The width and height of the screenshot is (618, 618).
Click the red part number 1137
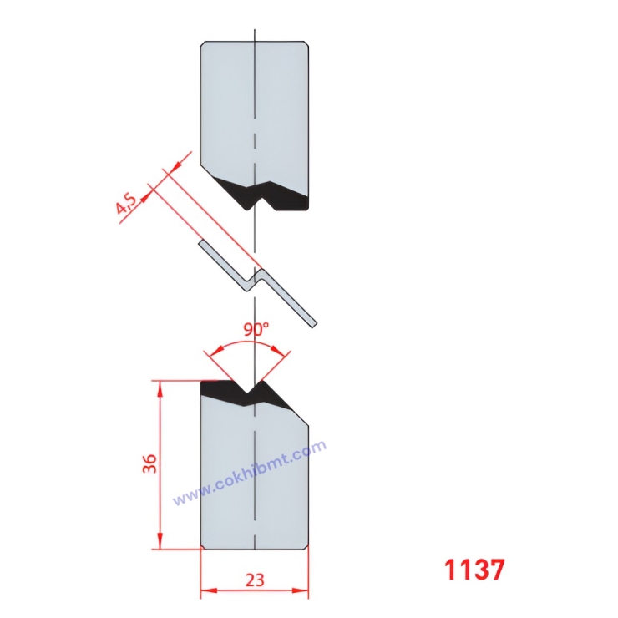pyautogui.click(x=474, y=570)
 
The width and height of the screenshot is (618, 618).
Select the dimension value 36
pyautogui.click(x=149, y=465)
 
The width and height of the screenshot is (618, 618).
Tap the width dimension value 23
pyautogui.click(x=256, y=579)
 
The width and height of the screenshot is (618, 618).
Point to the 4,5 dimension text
pyautogui.click(x=127, y=204)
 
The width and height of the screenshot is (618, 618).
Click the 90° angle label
pyautogui.click(x=256, y=329)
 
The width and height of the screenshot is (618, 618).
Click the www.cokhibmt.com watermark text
pyautogui.click(x=249, y=474)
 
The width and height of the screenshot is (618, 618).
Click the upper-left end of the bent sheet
pyautogui.click(x=202, y=244)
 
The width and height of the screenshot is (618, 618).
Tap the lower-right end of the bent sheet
pyautogui.click(x=314, y=322)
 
